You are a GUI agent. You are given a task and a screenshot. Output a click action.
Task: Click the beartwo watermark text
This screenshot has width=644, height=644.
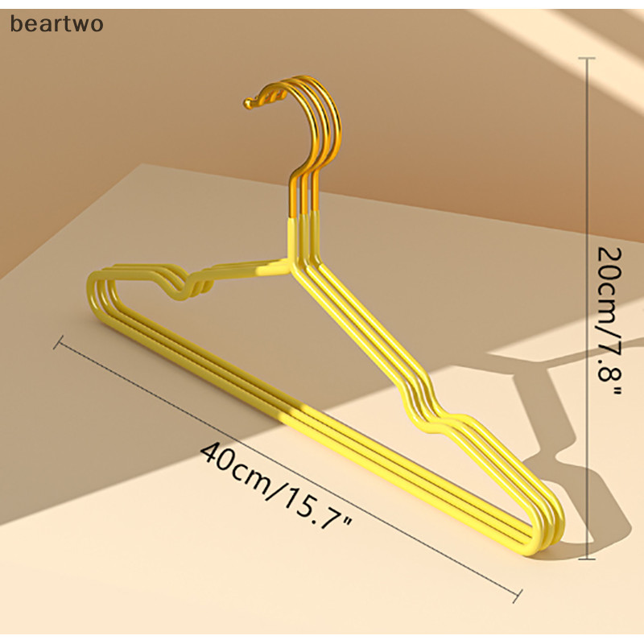click(56, 23)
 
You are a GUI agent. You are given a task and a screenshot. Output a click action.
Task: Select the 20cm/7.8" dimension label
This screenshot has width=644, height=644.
click(609, 320)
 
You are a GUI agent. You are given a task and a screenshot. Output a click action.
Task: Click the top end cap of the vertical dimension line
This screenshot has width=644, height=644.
click(587, 58)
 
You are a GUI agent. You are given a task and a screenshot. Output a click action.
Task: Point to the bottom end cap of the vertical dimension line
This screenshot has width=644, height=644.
click(587, 559)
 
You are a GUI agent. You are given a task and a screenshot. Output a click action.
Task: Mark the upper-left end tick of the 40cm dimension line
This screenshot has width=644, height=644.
click(58, 343)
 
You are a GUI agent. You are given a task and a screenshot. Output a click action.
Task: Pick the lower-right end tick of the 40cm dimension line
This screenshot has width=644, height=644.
click(517, 596)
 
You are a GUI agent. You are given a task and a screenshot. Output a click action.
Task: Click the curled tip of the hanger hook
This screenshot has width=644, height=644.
click(249, 103)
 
